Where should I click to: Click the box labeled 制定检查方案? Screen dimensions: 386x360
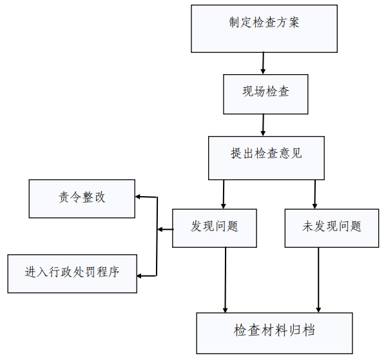point(264,28)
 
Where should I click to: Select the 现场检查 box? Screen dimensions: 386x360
point(265,94)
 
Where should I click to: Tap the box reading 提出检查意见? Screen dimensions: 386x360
point(266,158)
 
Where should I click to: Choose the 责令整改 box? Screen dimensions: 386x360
point(82,199)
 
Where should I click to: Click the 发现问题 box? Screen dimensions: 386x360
point(215,228)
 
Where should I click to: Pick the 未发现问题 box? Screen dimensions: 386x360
point(332,228)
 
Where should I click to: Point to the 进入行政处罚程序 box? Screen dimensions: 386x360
point(72,274)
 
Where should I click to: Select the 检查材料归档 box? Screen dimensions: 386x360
point(275,333)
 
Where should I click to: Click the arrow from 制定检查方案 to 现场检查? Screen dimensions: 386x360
point(263,63)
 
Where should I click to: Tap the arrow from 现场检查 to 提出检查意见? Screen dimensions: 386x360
point(263,125)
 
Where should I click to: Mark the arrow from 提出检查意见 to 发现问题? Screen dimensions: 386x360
point(224,194)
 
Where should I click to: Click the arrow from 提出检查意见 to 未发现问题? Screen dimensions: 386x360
point(315,194)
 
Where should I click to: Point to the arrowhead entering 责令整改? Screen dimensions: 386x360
point(138,197)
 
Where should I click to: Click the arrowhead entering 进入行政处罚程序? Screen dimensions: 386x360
point(139,275)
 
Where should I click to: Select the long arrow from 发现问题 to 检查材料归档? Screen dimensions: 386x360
point(226,280)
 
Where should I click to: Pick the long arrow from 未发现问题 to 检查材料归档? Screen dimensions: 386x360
point(318,280)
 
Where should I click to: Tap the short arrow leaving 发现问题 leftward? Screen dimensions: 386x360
point(165,230)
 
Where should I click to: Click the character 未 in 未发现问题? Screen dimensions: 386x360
point(307,226)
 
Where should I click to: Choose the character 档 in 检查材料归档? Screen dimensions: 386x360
point(309,330)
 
